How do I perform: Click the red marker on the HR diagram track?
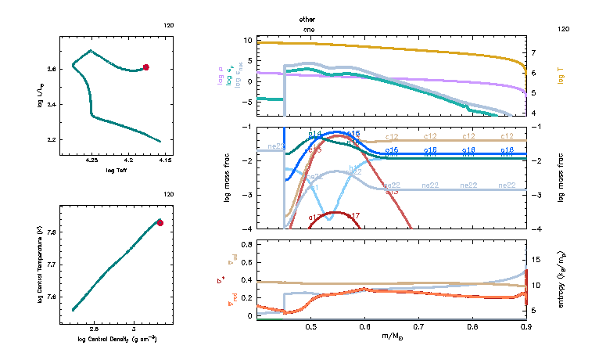tap(146, 67)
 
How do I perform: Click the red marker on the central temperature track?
tap(160, 223)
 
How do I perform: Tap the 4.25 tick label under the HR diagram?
tap(91, 161)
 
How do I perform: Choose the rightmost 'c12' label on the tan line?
tap(506, 137)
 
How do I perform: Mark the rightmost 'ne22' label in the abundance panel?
tap(506, 185)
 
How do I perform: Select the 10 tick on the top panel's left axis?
tap(247, 40)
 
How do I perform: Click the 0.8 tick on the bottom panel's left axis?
tap(246, 244)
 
